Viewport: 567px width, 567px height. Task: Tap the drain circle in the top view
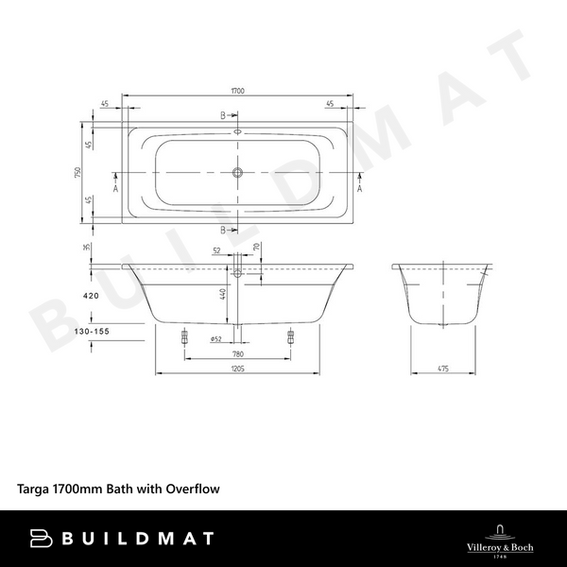click(238, 173)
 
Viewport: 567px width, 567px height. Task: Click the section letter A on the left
click(116, 188)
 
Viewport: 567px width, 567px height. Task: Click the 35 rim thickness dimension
click(86, 248)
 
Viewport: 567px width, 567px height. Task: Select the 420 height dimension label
click(91, 296)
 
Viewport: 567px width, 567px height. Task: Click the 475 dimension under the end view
click(440, 369)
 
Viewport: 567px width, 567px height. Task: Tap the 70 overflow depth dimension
click(256, 248)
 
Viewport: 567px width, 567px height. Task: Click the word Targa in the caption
click(36, 490)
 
